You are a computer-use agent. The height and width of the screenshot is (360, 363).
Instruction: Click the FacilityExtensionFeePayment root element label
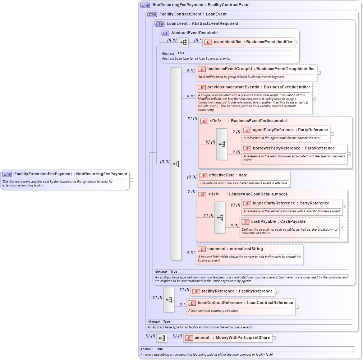click(70, 174)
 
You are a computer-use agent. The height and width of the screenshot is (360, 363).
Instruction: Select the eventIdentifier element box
click(248, 42)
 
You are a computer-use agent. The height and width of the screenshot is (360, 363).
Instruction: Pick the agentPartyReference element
click(285, 130)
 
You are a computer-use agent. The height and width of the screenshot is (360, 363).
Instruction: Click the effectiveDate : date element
click(228, 175)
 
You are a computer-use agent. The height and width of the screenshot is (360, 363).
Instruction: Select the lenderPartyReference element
click(286, 203)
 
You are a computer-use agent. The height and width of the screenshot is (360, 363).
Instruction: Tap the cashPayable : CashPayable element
click(278, 222)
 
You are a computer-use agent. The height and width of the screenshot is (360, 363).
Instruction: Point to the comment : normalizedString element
click(235, 249)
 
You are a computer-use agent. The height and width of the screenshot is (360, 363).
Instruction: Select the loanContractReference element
click(245, 303)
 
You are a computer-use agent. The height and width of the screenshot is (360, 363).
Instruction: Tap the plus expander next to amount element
click(274, 338)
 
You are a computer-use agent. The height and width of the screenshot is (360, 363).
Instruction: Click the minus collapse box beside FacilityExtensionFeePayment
click(132, 180)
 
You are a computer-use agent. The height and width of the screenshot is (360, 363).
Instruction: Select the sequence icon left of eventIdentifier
click(183, 42)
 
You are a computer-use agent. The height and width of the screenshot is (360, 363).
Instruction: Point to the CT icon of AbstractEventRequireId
click(165, 33)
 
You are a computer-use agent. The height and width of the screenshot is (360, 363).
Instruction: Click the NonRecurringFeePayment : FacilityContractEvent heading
click(201, 5)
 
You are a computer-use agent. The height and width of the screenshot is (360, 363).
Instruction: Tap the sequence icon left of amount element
click(162, 338)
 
